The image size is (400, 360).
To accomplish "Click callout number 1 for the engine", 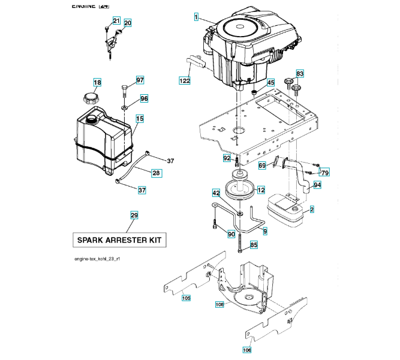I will pyautogui.click(x=196, y=17).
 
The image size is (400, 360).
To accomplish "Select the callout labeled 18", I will pyautogui.click(x=97, y=82).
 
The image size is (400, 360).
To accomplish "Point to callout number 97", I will pyautogui.click(x=140, y=80).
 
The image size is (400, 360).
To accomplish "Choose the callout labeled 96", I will pyautogui.click(x=144, y=98).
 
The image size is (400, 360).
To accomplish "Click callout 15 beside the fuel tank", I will pyautogui.click(x=139, y=119).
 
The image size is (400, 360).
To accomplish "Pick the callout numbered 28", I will pyautogui.click(x=156, y=173).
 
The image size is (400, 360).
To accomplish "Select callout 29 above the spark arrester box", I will pyautogui.click(x=134, y=215).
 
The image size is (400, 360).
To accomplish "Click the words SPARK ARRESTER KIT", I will pyautogui.click(x=119, y=240).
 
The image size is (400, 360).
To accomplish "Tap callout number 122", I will pyautogui.click(x=186, y=79).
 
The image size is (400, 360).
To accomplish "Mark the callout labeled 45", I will pyautogui.click(x=270, y=83).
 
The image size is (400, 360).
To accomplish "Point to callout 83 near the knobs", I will pyautogui.click(x=300, y=73).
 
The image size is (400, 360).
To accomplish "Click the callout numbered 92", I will pyautogui.click(x=227, y=158).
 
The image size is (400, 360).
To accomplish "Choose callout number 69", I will pyautogui.click(x=262, y=165).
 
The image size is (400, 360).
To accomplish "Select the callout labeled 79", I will pyautogui.click(x=325, y=173).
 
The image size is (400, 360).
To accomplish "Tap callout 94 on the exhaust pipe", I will pyautogui.click(x=317, y=185).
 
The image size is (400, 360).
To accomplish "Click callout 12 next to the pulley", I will pyautogui.click(x=261, y=190).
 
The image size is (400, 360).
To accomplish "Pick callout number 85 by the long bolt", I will pyautogui.click(x=254, y=244).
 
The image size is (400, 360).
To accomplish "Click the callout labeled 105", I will pyautogui.click(x=186, y=298).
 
